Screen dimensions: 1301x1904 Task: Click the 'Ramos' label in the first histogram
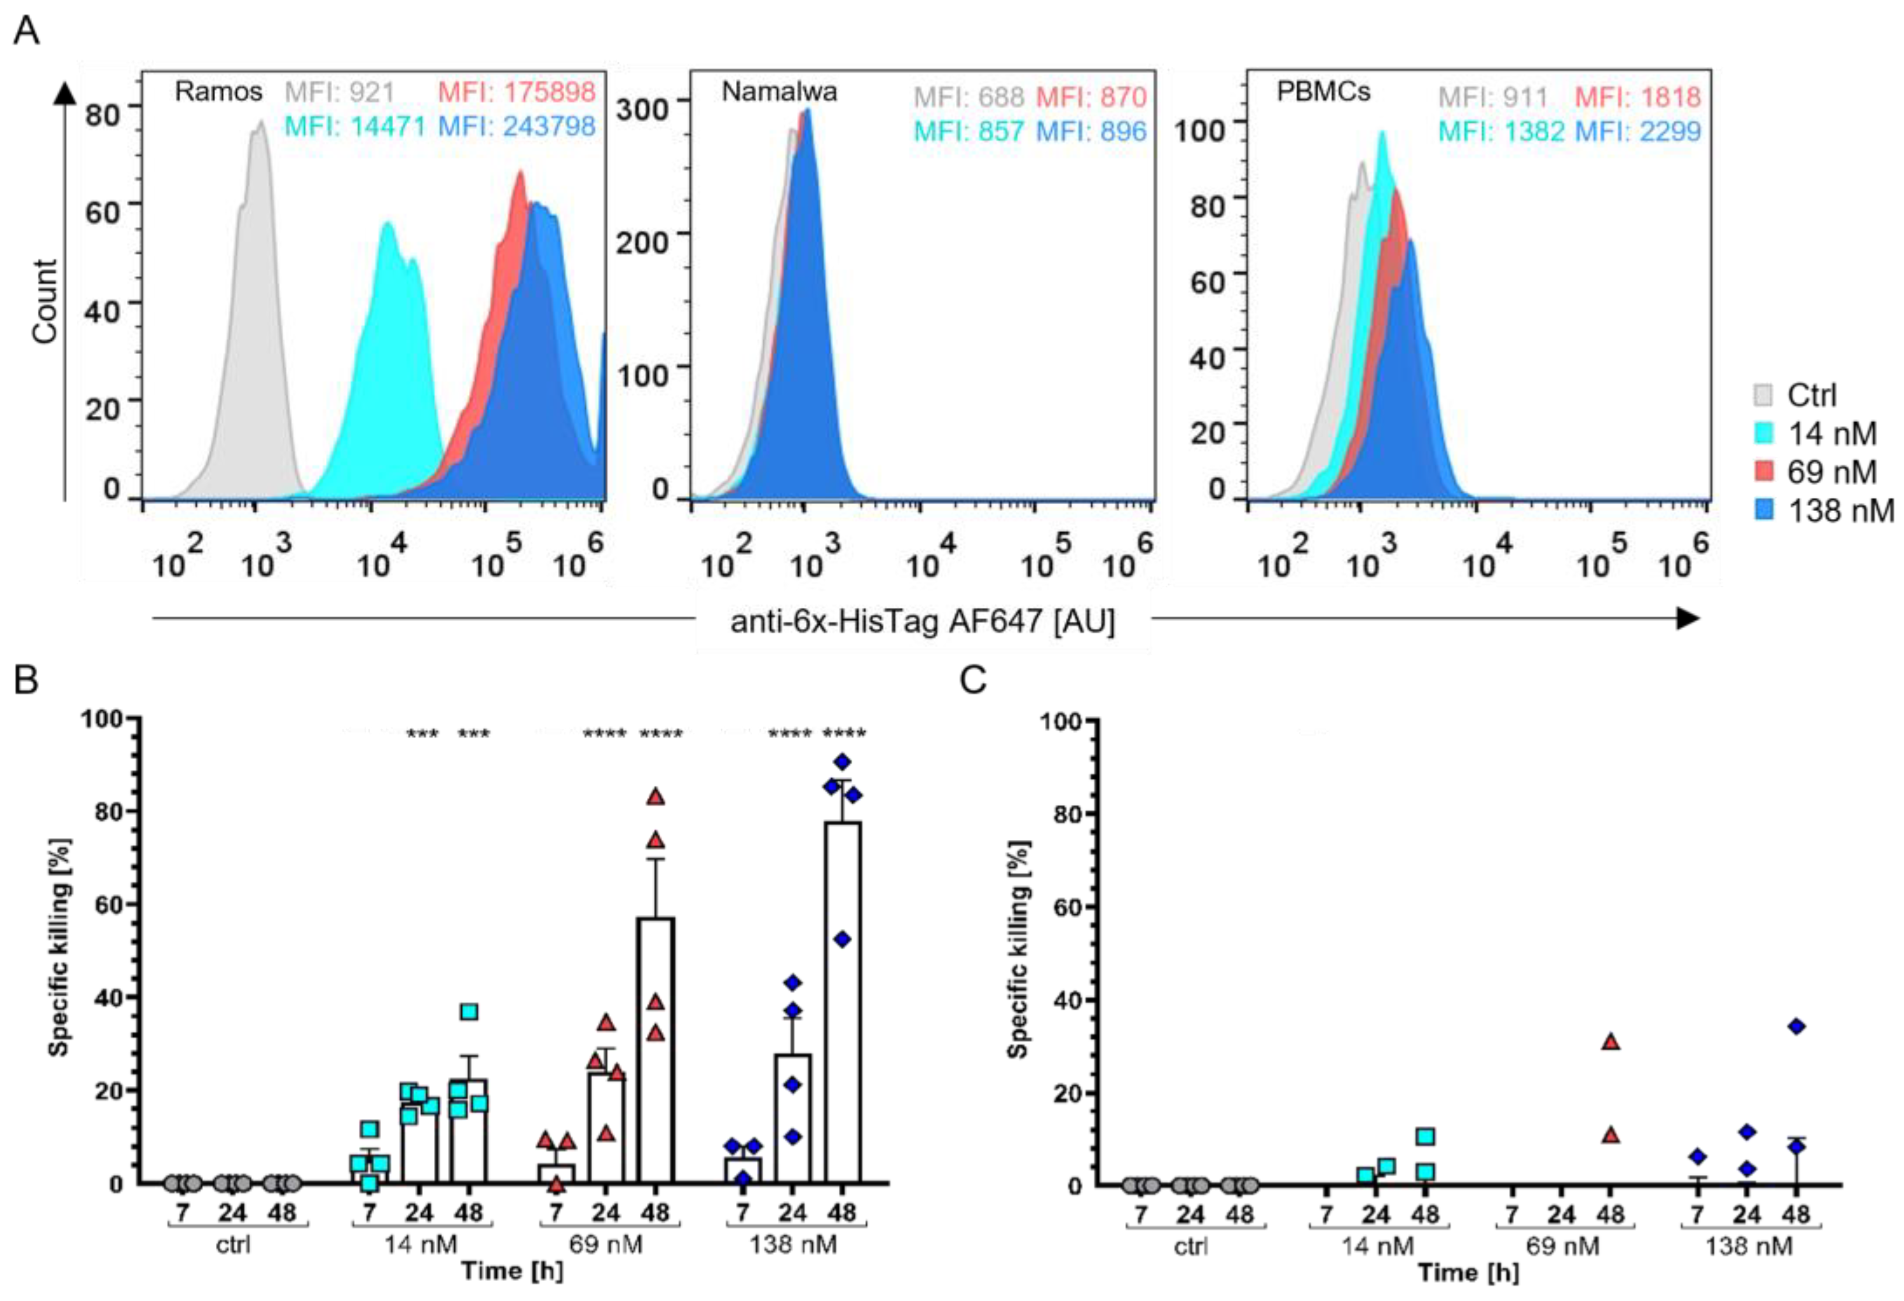[x=218, y=92]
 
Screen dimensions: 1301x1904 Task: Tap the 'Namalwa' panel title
[x=778, y=92]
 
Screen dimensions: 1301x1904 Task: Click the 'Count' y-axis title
[x=45, y=301]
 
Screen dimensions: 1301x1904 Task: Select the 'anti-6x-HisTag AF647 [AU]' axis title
[x=923, y=622]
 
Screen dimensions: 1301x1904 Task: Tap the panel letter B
[x=26, y=680]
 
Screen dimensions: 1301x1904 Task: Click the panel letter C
[x=973, y=680]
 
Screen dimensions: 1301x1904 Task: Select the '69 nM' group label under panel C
[x=1563, y=1246]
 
